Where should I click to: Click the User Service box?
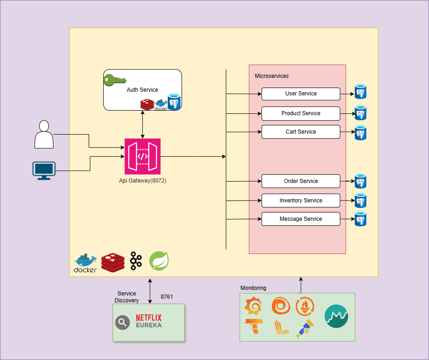[x=300, y=94]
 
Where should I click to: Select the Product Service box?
[x=300, y=113]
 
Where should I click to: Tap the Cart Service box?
[x=300, y=132]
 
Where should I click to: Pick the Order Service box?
[x=300, y=181]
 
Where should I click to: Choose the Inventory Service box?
[x=300, y=201]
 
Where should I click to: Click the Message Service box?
[x=300, y=219]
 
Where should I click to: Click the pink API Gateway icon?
[x=142, y=156]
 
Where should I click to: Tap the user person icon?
[x=44, y=134]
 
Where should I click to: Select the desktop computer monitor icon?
[x=44, y=170]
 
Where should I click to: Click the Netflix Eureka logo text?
[x=148, y=321]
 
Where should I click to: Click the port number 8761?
[x=167, y=297]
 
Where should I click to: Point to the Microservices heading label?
[x=272, y=76]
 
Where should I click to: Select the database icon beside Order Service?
[x=360, y=181]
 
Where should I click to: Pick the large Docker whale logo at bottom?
[x=85, y=263]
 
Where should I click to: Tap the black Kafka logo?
[x=135, y=261]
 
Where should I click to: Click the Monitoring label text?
[x=253, y=288]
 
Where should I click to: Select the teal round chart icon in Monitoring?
[x=337, y=316]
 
